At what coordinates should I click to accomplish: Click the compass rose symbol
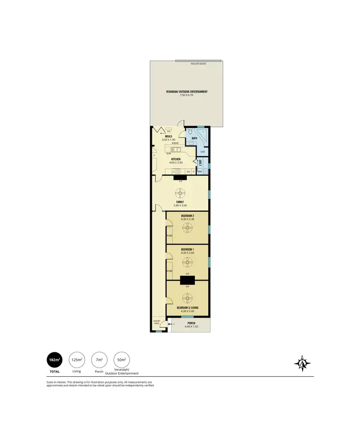click(x=302, y=363)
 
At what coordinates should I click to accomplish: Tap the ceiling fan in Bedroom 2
click(x=188, y=229)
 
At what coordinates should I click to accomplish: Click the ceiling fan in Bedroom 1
click(x=188, y=262)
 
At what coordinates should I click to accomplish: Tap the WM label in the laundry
click(x=199, y=172)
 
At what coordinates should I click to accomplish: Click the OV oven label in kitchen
click(x=188, y=172)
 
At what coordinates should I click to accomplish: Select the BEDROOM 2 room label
click(x=187, y=216)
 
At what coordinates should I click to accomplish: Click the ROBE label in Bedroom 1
click(x=169, y=271)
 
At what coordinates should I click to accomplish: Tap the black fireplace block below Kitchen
click(x=180, y=177)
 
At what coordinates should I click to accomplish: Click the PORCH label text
click(x=191, y=323)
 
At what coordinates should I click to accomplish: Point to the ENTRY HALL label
click(x=156, y=322)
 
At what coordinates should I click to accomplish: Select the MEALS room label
click(x=169, y=136)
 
